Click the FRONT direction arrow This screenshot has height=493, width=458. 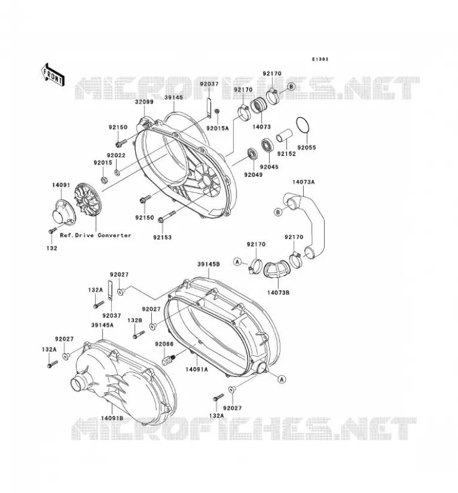point(53,75)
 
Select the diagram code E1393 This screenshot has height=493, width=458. point(320,59)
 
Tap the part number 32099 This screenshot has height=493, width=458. point(144,102)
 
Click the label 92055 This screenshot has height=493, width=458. point(307,147)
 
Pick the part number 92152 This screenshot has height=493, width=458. point(286,153)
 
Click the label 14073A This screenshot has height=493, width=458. point(303,182)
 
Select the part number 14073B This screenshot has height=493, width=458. point(278,292)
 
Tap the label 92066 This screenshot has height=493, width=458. point(164,344)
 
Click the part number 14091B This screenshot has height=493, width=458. point(112,418)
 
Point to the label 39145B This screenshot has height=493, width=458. point(209,264)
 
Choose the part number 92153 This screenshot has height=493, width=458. point(162,237)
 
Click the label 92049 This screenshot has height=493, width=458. point(253,174)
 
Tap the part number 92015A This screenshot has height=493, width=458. point(217,128)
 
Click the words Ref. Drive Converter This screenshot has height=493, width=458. point(96,235)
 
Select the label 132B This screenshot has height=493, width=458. point(135,320)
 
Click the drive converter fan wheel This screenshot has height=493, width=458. point(88,200)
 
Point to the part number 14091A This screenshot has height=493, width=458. point(196,369)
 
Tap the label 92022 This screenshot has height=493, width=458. point(116,155)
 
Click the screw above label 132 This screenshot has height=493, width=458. point(52,230)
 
